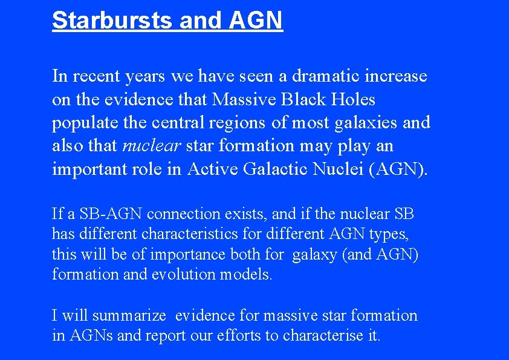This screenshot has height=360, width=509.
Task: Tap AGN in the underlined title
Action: point(256,20)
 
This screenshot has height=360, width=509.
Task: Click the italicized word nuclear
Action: point(152,146)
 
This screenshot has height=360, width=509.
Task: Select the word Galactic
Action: point(276,169)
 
